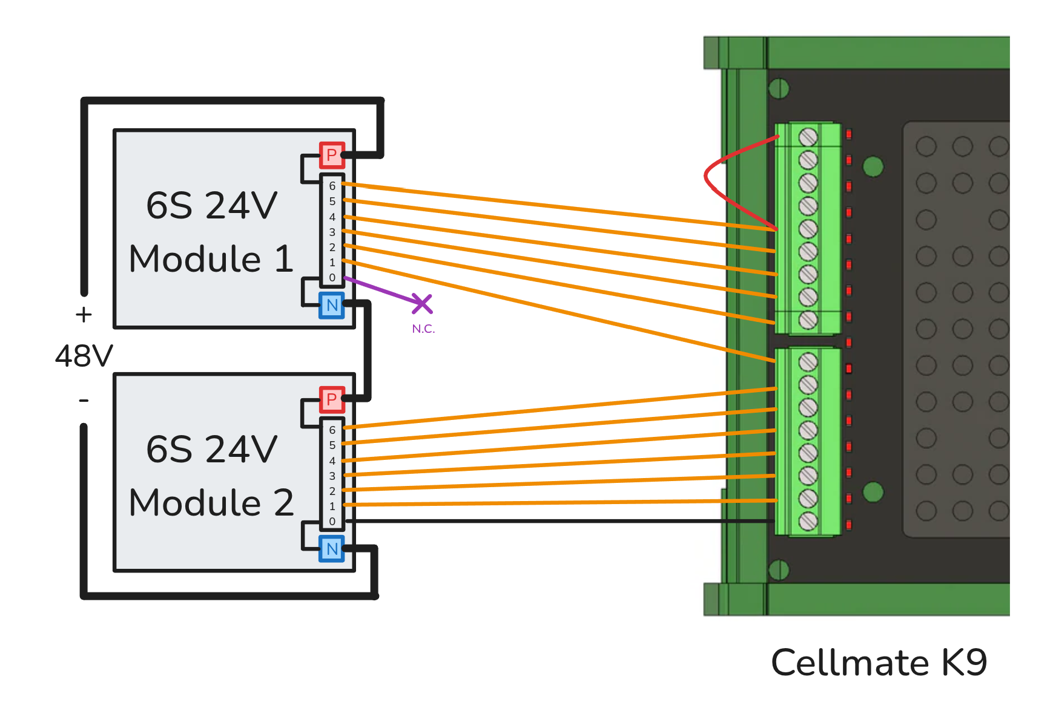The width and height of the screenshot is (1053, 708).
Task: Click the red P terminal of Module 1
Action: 332,155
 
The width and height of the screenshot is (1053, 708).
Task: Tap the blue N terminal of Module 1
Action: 332,305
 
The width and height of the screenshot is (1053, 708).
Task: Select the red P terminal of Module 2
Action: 332,399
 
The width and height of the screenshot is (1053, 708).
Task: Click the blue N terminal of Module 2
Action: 332,549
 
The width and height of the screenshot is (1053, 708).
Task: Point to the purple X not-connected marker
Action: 422,304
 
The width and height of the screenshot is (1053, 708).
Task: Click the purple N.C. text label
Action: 423,329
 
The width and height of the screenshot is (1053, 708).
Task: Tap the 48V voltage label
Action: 84,356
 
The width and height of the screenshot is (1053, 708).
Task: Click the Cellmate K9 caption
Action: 879,663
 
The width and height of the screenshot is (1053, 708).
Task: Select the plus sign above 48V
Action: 84,315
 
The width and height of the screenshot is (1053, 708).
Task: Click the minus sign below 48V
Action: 84,400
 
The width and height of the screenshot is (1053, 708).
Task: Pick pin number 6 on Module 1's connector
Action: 332,186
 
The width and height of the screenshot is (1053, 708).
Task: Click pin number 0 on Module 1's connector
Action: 332,278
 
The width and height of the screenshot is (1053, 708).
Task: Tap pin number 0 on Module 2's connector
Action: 332,521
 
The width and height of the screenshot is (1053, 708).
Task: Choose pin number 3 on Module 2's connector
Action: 332,476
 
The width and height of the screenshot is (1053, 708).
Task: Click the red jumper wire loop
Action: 707,175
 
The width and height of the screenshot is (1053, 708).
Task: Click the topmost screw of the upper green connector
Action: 808,137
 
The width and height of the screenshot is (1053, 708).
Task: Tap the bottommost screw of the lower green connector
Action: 808,521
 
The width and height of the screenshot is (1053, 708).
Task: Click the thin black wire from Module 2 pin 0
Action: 545,520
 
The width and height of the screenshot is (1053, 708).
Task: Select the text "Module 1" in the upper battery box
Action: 211,259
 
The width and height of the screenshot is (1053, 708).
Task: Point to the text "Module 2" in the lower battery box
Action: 211,503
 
